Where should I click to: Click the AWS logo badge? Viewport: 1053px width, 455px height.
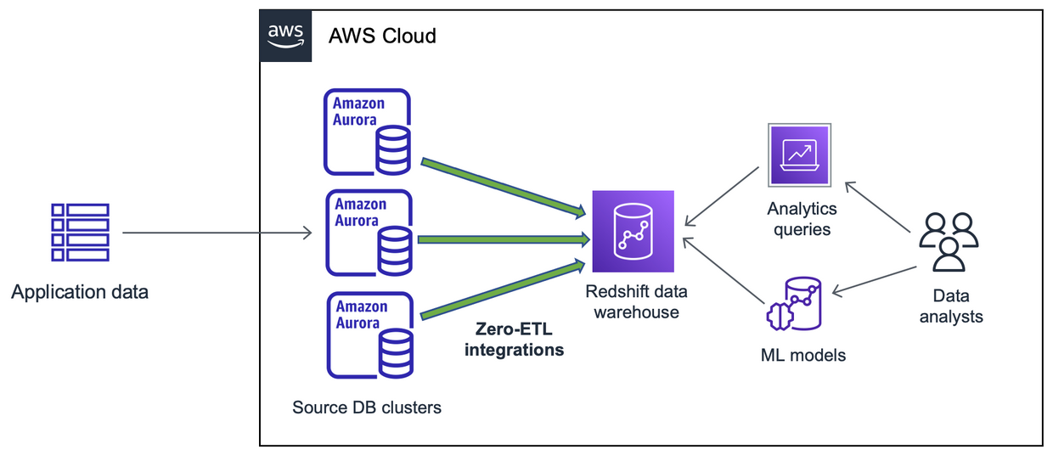click(x=285, y=36)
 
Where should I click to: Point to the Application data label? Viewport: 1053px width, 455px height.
click(x=80, y=293)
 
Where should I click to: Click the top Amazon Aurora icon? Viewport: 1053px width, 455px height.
click(x=367, y=132)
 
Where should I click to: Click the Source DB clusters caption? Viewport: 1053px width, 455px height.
click(x=367, y=407)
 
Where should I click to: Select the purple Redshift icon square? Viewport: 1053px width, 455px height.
click(x=633, y=231)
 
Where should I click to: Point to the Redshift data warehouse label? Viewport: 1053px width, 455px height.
click(x=636, y=302)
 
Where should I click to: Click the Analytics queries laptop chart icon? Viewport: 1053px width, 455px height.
click(x=799, y=155)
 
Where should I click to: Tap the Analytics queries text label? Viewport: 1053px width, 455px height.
click(x=802, y=219)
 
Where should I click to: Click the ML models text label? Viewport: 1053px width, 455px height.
click(x=802, y=355)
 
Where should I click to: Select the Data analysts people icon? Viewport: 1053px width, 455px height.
click(x=949, y=242)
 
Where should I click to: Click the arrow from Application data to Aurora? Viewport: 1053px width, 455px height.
click(x=217, y=232)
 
